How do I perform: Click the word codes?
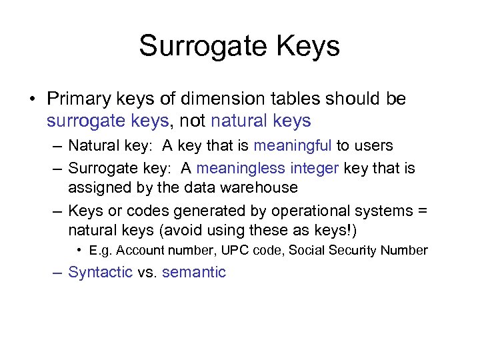[x=147, y=211]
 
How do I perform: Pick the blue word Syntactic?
[x=101, y=272]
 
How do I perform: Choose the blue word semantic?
[x=194, y=272]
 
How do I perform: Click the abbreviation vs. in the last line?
[x=147, y=272]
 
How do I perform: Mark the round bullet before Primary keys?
[x=32, y=99]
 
